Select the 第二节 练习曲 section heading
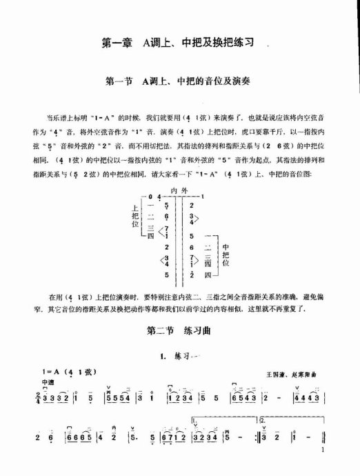coord(180,331)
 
